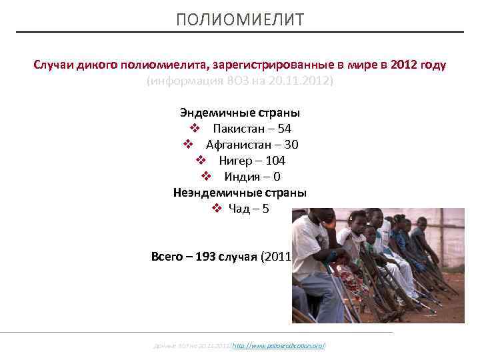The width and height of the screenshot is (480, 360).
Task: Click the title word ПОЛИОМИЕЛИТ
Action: tap(240, 20)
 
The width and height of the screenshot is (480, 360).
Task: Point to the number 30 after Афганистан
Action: tap(291, 145)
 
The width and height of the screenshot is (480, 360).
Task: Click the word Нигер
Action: tap(235, 161)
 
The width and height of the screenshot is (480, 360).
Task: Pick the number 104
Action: tap(275, 161)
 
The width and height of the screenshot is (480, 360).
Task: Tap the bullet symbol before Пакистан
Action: tap(194, 129)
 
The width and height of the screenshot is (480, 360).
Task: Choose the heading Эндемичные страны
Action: tap(240, 113)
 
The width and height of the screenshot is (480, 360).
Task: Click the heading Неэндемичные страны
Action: tap(240, 193)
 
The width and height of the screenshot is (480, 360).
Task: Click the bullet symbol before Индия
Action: tap(206, 177)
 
